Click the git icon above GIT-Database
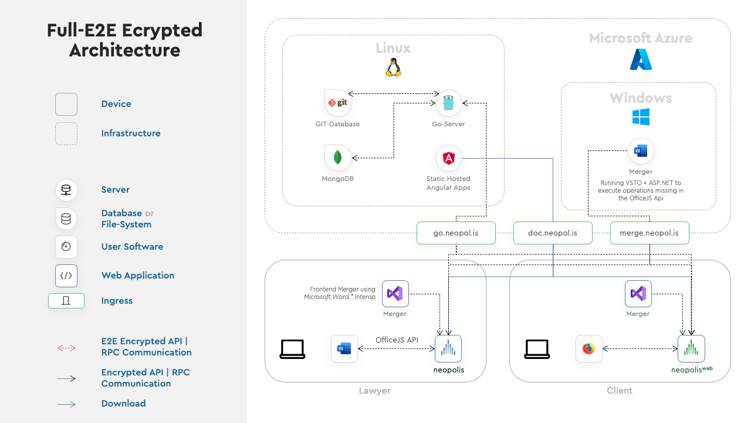[x=337, y=103]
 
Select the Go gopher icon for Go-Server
[x=448, y=103]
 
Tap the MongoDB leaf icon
[x=337, y=158]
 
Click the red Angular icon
[x=449, y=158]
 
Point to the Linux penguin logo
[x=393, y=68]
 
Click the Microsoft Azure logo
[x=641, y=59]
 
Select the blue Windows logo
[x=641, y=117]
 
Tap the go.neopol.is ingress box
[x=456, y=233]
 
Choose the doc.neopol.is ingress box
[x=553, y=233]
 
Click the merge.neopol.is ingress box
[x=649, y=233]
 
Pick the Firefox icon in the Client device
[x=588, y=348]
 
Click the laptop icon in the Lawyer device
[x=292, y=349]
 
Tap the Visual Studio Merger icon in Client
[x=638, y=294]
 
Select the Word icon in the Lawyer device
[x=344, y=348]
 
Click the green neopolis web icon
[x=691, y=348]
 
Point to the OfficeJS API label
[x=397, y=340]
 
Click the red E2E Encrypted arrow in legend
[x=66, y=348]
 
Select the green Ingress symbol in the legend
[x=66, y=301]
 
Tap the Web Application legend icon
[x=66, y=276]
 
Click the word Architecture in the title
[x=125, y=51]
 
